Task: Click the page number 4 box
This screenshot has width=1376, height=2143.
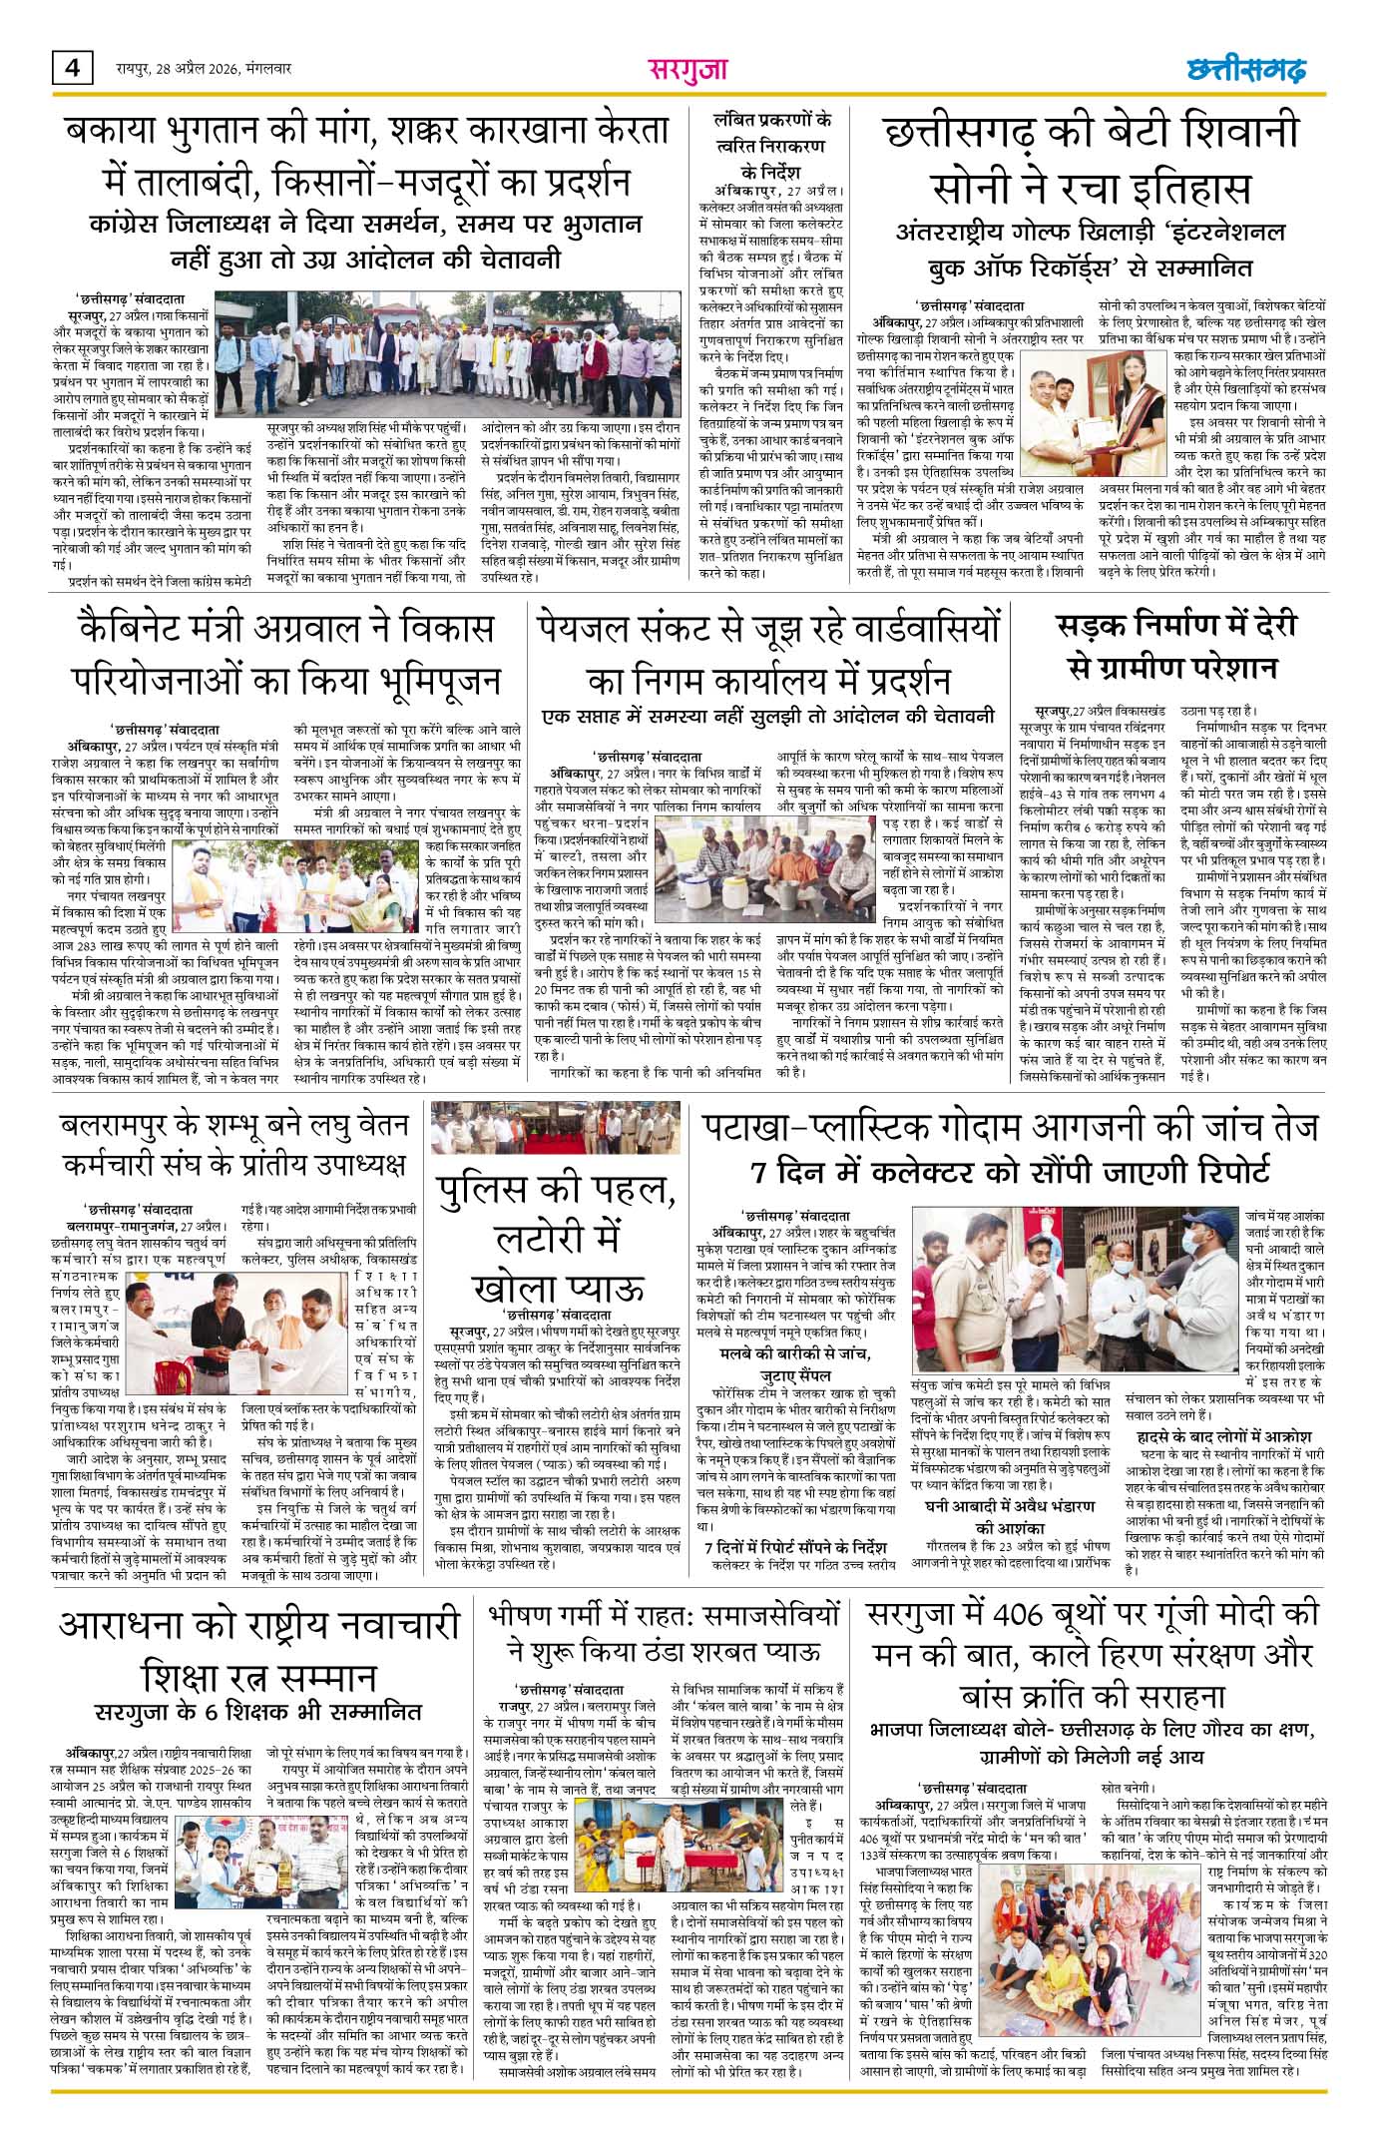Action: click(72, 70)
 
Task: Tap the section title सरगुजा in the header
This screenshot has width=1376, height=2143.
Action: click(688, 70)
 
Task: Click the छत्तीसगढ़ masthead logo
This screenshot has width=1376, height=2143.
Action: click(1246, 70)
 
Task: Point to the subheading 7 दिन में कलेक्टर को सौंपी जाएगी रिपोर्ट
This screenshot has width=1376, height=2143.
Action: click(1010, 1169)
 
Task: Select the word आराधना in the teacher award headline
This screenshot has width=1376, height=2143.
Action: click(138, 1620)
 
